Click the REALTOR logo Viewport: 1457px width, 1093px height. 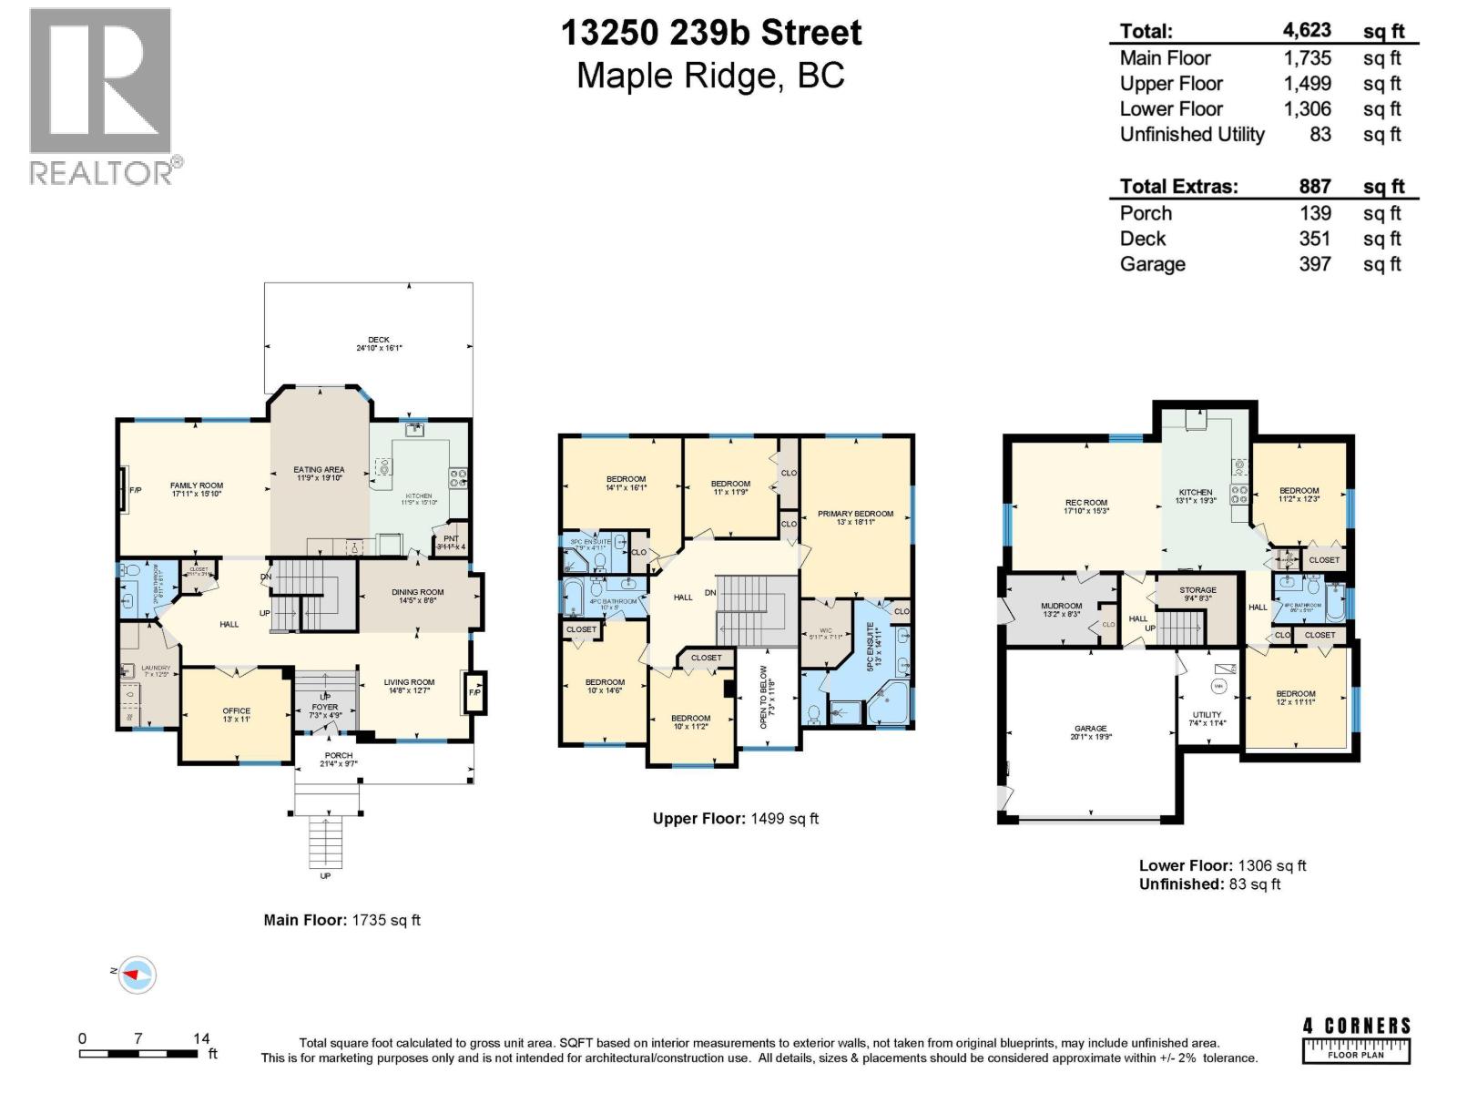pyautogui.click(x=101, y=96)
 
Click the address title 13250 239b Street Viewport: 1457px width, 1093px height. pyautogui.click(x=710, y=33)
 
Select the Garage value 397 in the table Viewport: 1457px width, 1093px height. pyautogui.click(x=1315, y=264)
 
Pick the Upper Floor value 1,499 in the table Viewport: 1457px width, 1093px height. pyautogui.click(x=1307, y=84)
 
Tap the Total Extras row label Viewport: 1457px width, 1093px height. pyautogui.click(x=1178, y=187)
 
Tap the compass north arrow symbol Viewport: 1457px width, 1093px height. pyautogui.click(x=136, y=974)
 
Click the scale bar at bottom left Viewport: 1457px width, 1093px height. pyautogui.click(x=138, y=1054)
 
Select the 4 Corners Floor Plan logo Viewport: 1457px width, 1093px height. pyautogui.click(x=1356, y=1039)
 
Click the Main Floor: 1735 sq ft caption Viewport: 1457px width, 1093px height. pyautogui.click(x=341, y=920)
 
